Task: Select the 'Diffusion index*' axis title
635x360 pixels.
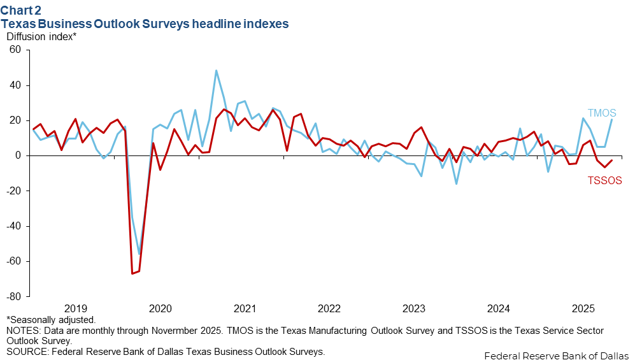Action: click(x=41, y=36)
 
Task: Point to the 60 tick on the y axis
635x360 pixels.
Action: click(x=15, y=50)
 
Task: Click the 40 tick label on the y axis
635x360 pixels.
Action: click(x=15, y=85)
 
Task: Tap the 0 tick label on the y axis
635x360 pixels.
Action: click(x=18, y=155)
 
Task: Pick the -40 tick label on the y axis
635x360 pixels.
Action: click(x=13, y=226)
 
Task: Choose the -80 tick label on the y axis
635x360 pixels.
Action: click(x=13, y=297)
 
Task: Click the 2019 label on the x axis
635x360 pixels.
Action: click(x=76, y=309)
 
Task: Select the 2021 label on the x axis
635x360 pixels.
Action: click(x=245, y=309)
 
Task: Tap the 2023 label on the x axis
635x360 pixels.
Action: click(x=414, y=309)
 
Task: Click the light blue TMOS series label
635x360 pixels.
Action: click(x=602, y=113)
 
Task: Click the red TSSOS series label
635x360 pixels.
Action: click(x=604, y=180)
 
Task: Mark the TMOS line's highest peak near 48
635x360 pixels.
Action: click(x=217, y=71)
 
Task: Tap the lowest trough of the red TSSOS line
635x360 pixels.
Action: click(x=132, y=273)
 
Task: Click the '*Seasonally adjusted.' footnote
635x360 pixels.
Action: click(x=51, y=320)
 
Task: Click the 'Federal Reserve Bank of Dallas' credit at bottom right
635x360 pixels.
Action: click(x=557, y=355)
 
